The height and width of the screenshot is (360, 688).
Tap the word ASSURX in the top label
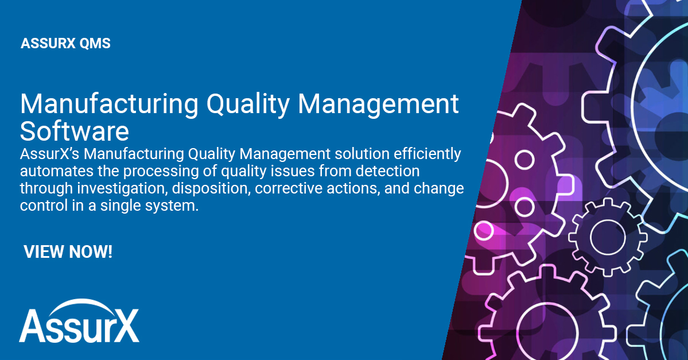click(x=46, y=44)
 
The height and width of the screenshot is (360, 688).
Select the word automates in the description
click(x=50, y=171)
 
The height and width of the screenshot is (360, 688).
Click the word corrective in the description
click(x=289, y=188)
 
